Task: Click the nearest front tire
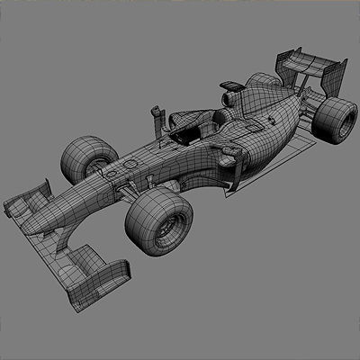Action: [160, 221]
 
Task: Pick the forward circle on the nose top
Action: [109, 167]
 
